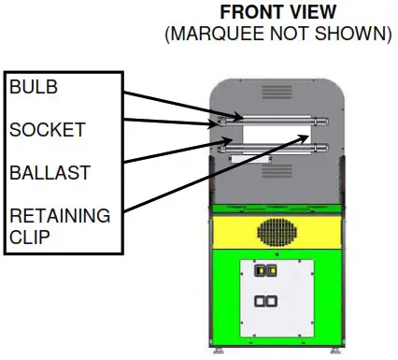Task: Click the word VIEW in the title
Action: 308,14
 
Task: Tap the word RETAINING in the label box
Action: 58,216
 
